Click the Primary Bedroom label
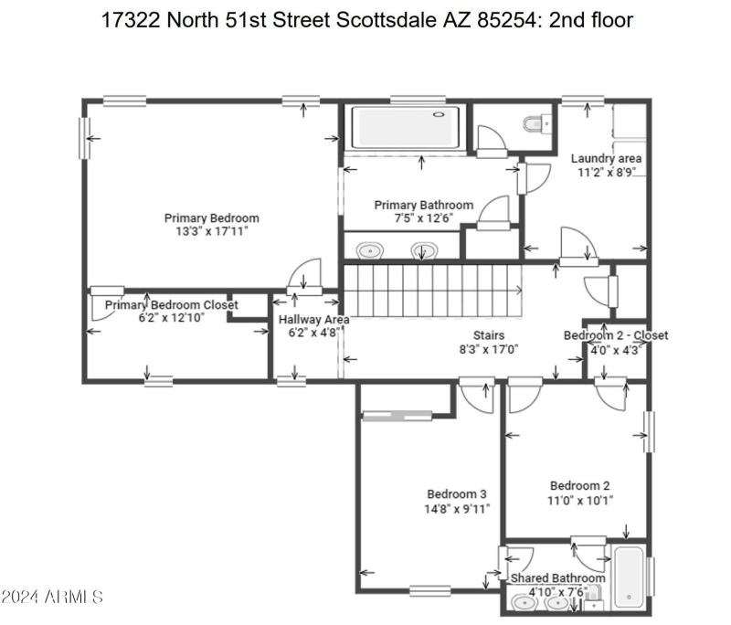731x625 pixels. tap(211, 217)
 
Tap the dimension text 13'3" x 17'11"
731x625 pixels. tap(211, 231)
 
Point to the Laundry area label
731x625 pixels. tap(606, 158)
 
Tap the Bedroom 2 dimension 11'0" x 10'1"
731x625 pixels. tap(580, 500)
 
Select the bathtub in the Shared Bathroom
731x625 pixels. tap(629, 577)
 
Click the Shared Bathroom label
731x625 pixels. tap(557, 578)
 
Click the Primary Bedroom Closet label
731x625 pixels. tap(171, 304)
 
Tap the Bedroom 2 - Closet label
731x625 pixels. tap(615, 335)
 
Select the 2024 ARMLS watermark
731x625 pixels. tap(51, 598)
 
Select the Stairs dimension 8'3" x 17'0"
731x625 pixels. tap(489, 348)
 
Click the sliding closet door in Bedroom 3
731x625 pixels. tap(397, 417)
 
